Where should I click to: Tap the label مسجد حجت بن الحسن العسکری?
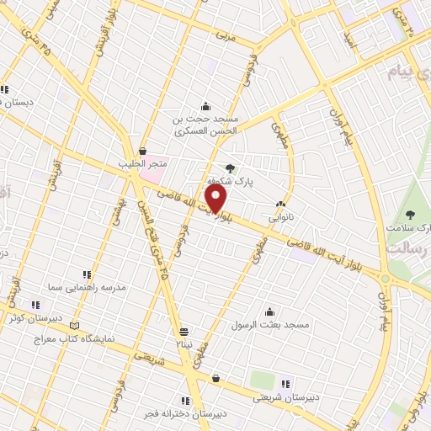click(x=206, y=125)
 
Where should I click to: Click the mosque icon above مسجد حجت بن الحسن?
click(x=205, y=106)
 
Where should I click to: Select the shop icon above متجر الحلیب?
click(x=142, y=151)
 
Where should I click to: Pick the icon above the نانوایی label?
click(x=280, y=204)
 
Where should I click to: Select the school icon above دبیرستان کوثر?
click(x=35, y=305)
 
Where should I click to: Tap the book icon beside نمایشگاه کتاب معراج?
click(x=76, y=326)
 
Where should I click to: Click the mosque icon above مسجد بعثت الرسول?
click(x=269, y=311)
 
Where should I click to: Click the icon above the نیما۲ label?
click(x=184, y=331)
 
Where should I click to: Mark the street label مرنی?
click(x=222, y=36)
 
